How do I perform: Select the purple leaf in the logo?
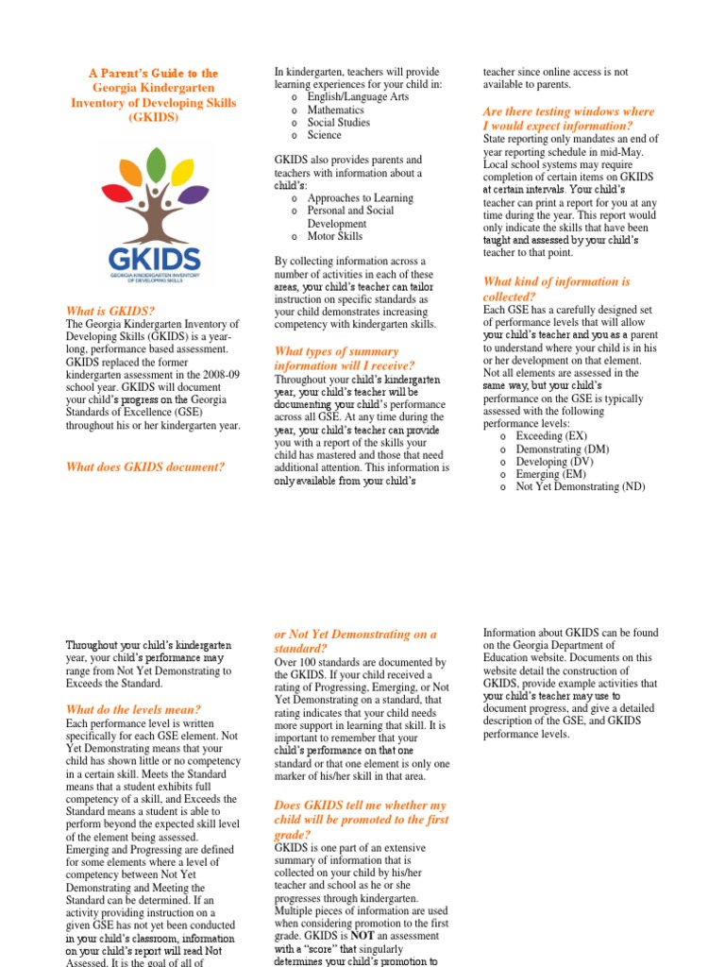(x=194, y=195)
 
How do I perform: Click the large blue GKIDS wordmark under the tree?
(x=154, y=257)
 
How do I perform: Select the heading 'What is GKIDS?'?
(x=110, y=311)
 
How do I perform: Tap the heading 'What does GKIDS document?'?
(x=145, y=466)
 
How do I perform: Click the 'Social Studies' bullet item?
(x=338, y=122)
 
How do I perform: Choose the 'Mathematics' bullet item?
(x=335, y=110)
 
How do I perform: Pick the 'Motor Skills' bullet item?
(x=335, y=236)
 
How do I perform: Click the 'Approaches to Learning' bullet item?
(x=361, y=197)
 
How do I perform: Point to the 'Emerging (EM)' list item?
(x=549, y=474)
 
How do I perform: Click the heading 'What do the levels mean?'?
(x=133, y=709)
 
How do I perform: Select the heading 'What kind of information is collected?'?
(x=556, y=288)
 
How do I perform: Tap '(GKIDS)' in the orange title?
(x=153, y=118)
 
